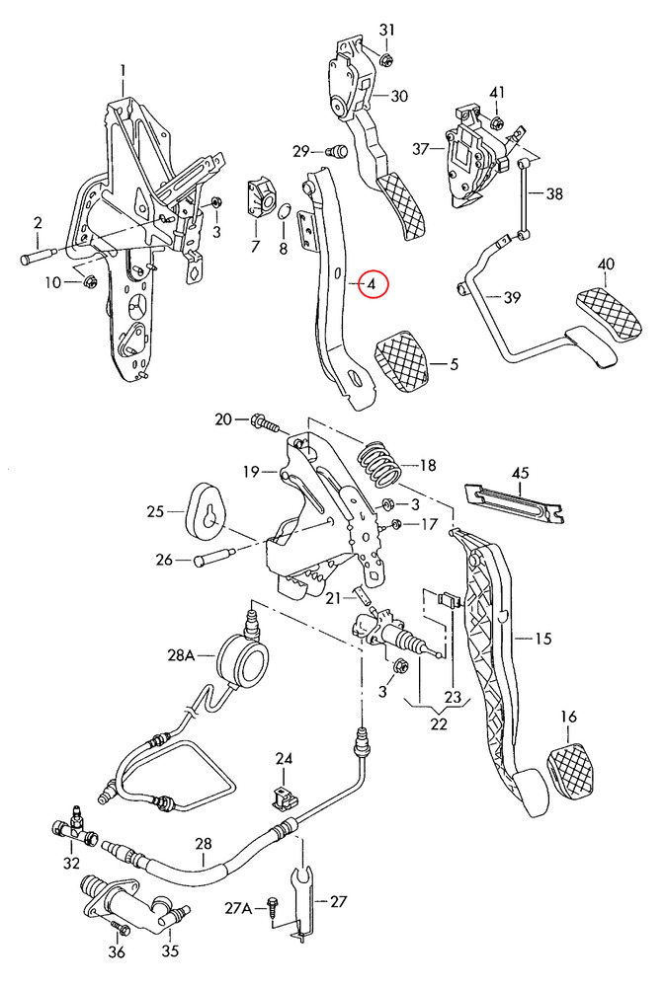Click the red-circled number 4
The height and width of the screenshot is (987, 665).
pos(373,284)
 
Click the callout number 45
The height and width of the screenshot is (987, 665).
pos(520,474)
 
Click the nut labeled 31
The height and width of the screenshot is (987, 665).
pos(385,58)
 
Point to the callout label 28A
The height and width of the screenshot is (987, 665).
pos(182,653)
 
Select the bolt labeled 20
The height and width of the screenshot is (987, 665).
pos(266,422)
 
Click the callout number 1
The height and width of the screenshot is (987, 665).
pos(125,70)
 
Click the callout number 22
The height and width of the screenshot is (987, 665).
pos(439,723)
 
